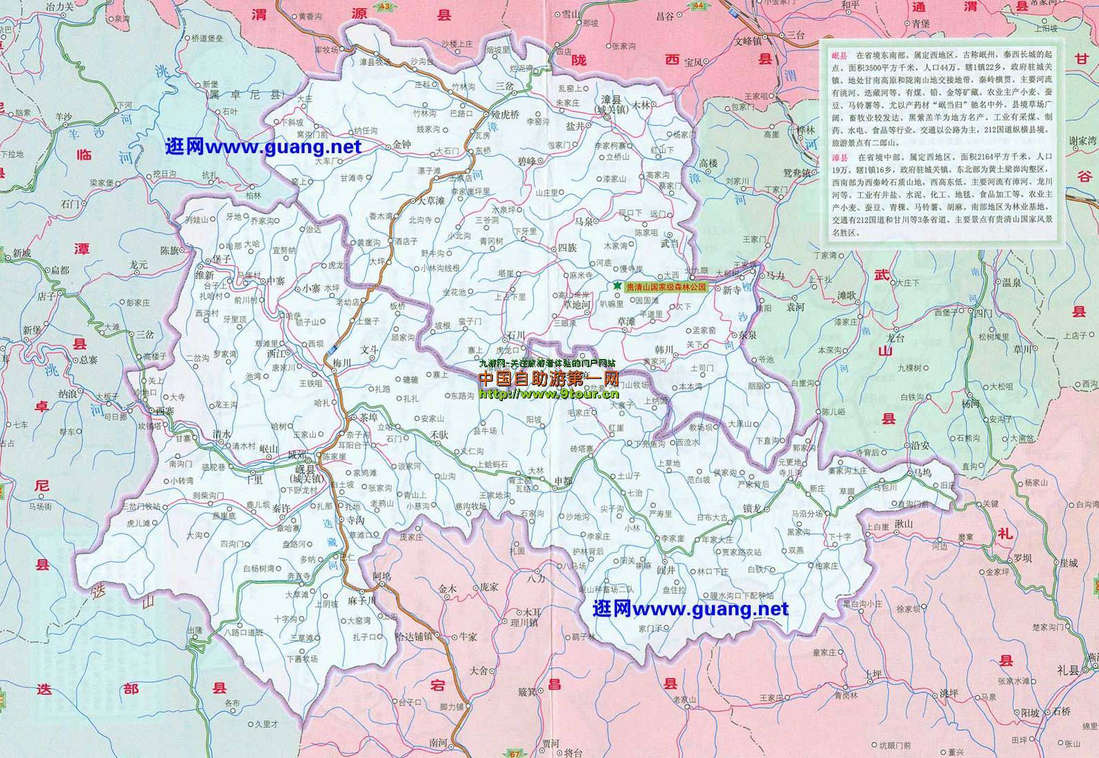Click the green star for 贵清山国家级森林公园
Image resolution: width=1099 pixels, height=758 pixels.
click(617, 285)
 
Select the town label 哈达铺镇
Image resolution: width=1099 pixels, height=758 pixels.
click(413, 635)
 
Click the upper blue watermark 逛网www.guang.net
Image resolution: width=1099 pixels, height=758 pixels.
click(263, 147)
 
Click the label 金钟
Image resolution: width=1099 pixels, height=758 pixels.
click(402, 145)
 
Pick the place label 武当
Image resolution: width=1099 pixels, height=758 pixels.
click(670, 243)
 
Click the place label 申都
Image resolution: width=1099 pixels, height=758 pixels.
click(563, 480)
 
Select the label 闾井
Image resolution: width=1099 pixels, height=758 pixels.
click(665, 570)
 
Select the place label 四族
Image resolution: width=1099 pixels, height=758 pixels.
click(567, 247)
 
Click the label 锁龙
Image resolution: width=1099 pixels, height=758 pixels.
click(752, 509)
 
